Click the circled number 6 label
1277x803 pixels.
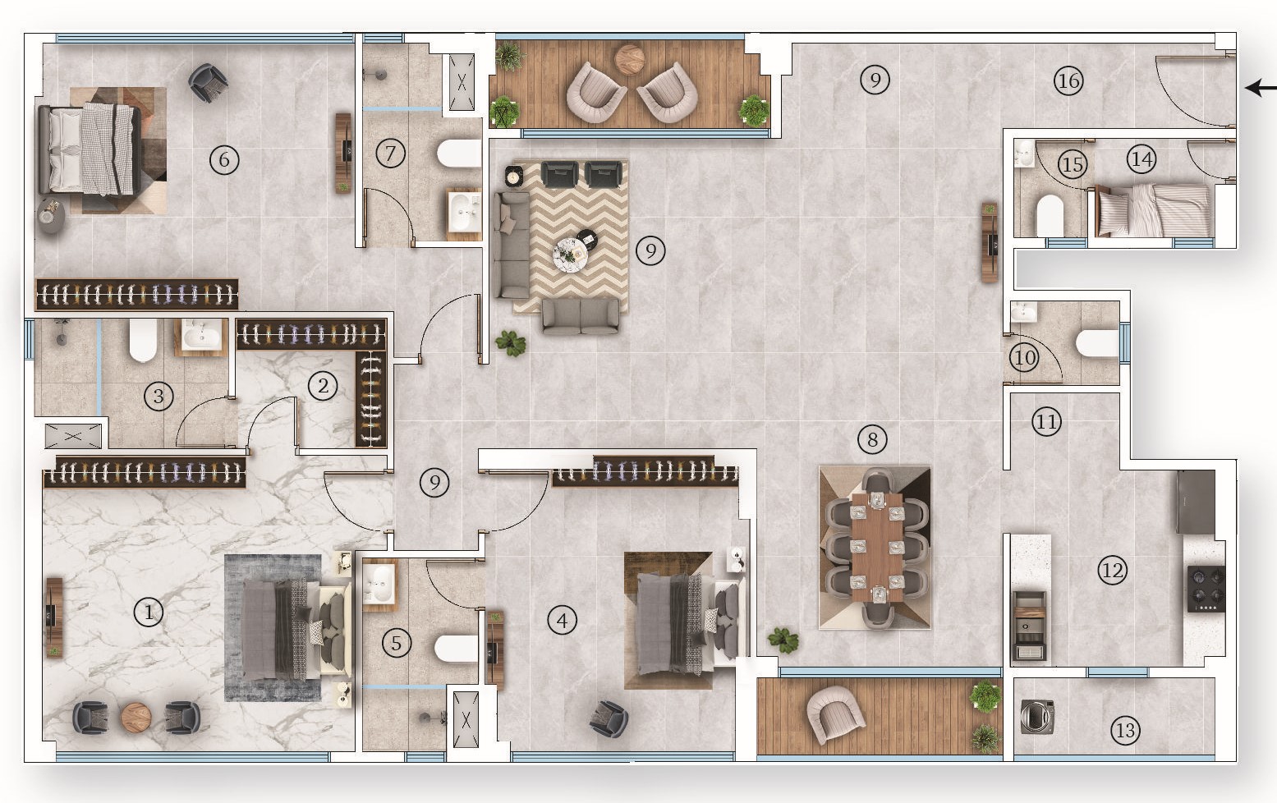click(224, 159)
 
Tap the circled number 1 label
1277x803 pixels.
click(149, 612)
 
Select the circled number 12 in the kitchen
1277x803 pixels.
click(1112, 570)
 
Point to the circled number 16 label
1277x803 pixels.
click(1068, 80)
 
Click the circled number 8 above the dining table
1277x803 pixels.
click(872, 439)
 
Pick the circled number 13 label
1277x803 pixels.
click(1125, 730)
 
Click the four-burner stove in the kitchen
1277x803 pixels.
click(1206, 588)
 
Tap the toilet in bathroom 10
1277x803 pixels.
click(1097, 342)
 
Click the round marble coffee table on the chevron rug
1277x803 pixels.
click(569, 255)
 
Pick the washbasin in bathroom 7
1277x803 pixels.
click(464, 212)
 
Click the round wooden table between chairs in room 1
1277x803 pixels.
click(136, 717)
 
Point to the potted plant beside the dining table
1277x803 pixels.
click(783, 640)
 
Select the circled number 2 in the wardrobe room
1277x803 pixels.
click(322, 386)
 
